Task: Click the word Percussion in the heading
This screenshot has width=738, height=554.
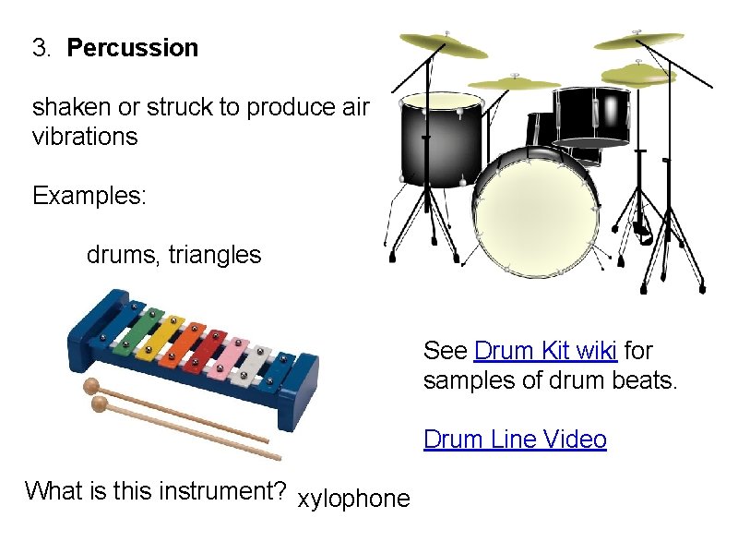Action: (x=133, y=48)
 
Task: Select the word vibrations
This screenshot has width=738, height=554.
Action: (x=85, y=138)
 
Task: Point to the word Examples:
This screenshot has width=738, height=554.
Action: (x=89, y=196)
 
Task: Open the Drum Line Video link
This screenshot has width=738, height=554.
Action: (x=515, y=440)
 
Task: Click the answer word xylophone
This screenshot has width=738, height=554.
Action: (x=353, y=500)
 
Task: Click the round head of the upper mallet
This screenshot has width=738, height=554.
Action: (x=91, y=386)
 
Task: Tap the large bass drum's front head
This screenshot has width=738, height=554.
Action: (x=534, y=213)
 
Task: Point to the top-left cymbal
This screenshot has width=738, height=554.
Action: (x=444, y=45)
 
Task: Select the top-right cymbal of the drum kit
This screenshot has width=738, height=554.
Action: (x=638, y=41)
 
